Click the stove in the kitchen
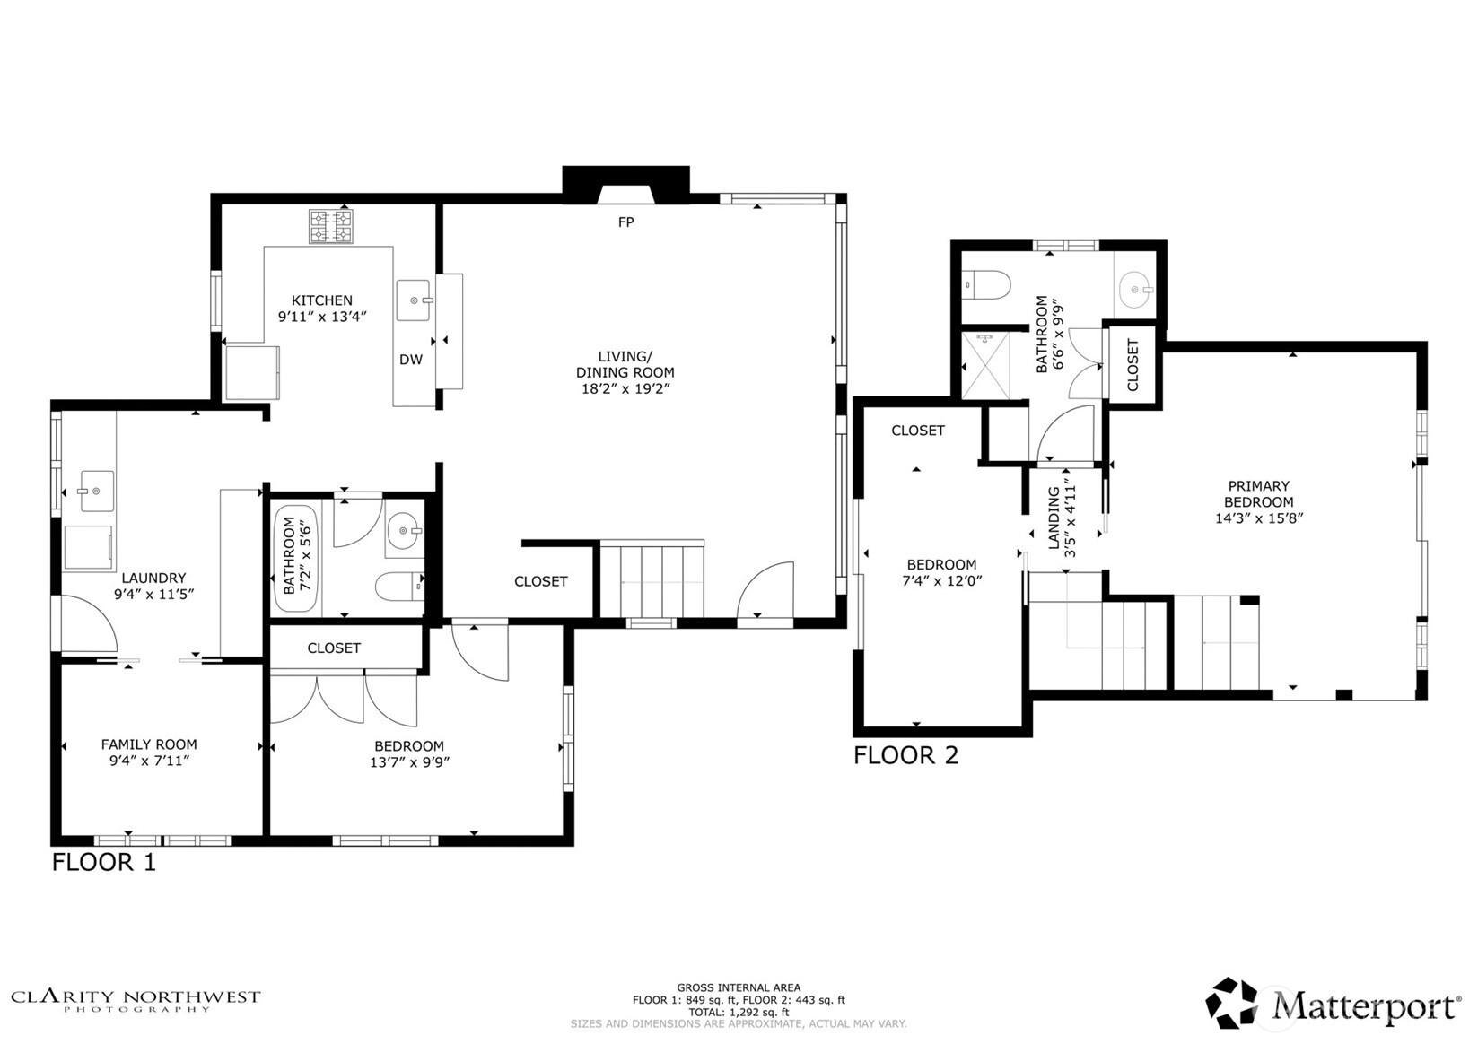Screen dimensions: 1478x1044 (330, 226)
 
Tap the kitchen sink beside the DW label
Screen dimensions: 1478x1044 (414, 300)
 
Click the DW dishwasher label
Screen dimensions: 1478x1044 (411, 360)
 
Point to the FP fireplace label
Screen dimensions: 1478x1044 (626, 222)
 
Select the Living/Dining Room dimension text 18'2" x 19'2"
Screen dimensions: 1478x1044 (625, 388)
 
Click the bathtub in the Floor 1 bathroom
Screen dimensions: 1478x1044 (296, 559)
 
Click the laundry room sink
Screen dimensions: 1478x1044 (97, 492)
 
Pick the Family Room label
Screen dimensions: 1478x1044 (149, 744)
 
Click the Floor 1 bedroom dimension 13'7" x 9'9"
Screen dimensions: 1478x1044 (410, 762)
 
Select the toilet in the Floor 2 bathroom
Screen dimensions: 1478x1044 (986, 285)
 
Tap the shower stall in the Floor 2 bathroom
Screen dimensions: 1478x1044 (985, 365)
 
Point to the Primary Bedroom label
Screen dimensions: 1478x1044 (1259, 494)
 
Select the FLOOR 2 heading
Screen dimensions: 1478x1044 (906, 755)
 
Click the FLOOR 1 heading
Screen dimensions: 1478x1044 (104, 862)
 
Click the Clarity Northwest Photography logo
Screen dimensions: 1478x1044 (136, 1000)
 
